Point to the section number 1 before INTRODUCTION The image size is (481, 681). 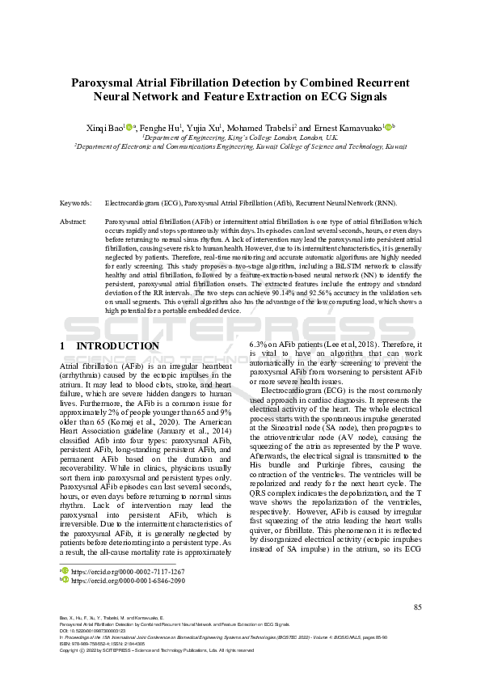click(x=63, y=346)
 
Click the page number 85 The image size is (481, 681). click(x=417, y=607)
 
